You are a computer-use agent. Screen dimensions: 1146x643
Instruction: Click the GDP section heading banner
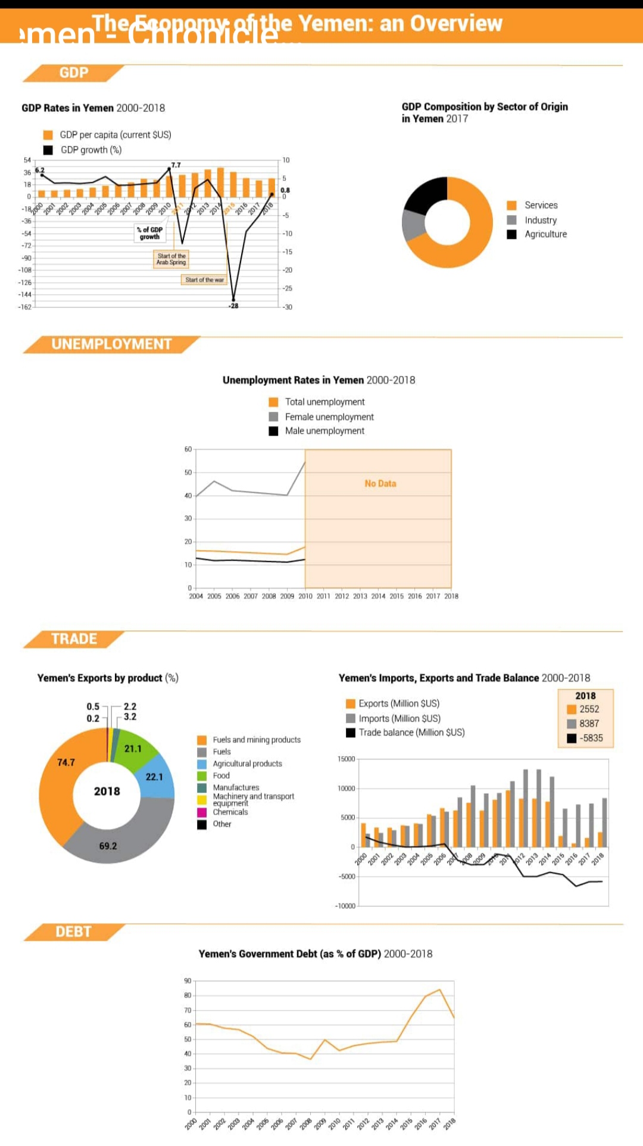[74, 73]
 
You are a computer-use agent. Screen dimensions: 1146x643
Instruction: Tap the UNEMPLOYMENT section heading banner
[111, 344]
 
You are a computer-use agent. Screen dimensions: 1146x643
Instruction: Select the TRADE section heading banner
[74, 639]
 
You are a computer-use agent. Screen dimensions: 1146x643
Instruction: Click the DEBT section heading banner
[73, 931]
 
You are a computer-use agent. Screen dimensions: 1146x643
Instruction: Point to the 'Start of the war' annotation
[204, 279]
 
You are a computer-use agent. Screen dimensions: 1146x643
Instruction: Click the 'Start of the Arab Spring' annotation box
[171, 259]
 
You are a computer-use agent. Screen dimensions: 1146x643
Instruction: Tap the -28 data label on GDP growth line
[233, 306]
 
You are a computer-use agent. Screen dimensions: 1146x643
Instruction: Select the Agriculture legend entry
[545, 234]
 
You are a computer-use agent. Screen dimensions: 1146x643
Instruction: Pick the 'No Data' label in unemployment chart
[380, 483]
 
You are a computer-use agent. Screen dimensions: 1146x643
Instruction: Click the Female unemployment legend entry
[329, 417]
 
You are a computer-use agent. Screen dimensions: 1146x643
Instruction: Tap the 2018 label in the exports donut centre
[107, 791]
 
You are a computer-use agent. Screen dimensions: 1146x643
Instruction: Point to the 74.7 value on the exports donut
[66, 762]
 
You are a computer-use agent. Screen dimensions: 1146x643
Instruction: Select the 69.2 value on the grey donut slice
[108, 846]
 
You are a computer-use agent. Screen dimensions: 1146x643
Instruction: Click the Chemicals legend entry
[230, 812]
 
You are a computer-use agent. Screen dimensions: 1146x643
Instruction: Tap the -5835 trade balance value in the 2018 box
[591, 738]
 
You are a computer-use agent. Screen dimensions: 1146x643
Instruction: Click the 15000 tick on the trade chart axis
[347, 759]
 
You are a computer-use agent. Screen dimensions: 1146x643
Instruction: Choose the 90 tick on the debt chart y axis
[188, 980]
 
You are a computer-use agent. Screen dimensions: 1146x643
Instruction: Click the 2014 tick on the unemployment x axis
[378, 596]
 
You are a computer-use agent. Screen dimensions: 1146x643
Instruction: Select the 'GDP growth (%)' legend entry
[90, 150]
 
